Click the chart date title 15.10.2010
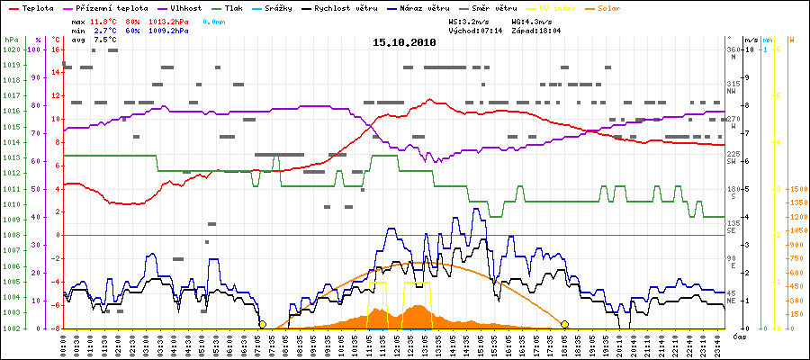click(404, 42)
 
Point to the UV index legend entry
click(552, 8)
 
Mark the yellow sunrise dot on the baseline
click(262, 324)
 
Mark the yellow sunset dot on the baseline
click(564, 324)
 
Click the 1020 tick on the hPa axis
click(11, 50)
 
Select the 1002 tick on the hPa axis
click(11, 328)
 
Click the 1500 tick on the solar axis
click(796, 189)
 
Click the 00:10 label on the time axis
click(64, 343)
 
